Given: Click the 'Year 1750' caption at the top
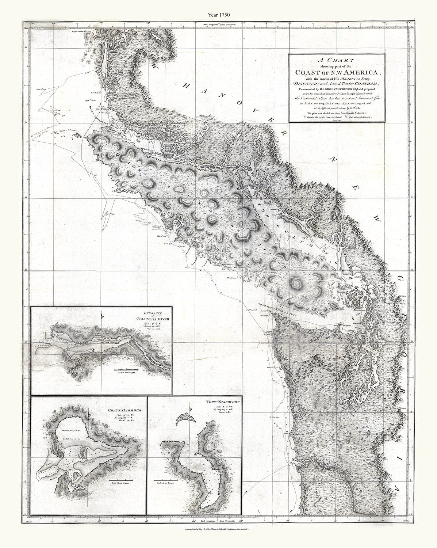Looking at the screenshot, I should point(219,15).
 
